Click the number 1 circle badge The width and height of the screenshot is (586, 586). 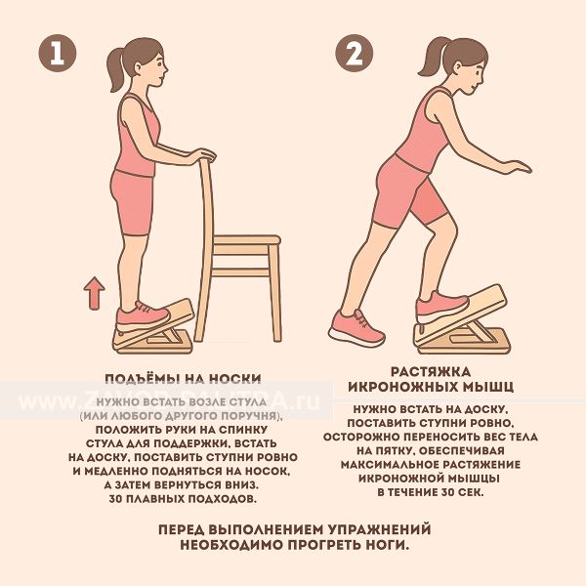coord(58,53)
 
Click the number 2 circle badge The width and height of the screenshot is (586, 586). coord(354,53)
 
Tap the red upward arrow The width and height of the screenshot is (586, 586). coord(94,293)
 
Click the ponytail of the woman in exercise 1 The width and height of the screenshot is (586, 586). coord(115,70)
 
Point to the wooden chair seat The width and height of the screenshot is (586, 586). coord(247,240)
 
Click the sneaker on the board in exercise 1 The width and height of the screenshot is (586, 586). coord(143,316)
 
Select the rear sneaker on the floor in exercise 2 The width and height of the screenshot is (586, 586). coord(356,328)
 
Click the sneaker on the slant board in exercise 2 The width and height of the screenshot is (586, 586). coord(442,307)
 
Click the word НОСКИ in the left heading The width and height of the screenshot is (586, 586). coord(234,379)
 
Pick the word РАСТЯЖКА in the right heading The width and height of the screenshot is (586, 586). coord(431,372)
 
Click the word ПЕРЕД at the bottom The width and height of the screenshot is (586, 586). coord(182,529)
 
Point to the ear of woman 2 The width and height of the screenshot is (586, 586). coord(459,68)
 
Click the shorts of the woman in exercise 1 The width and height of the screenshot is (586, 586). coord(133,202)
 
